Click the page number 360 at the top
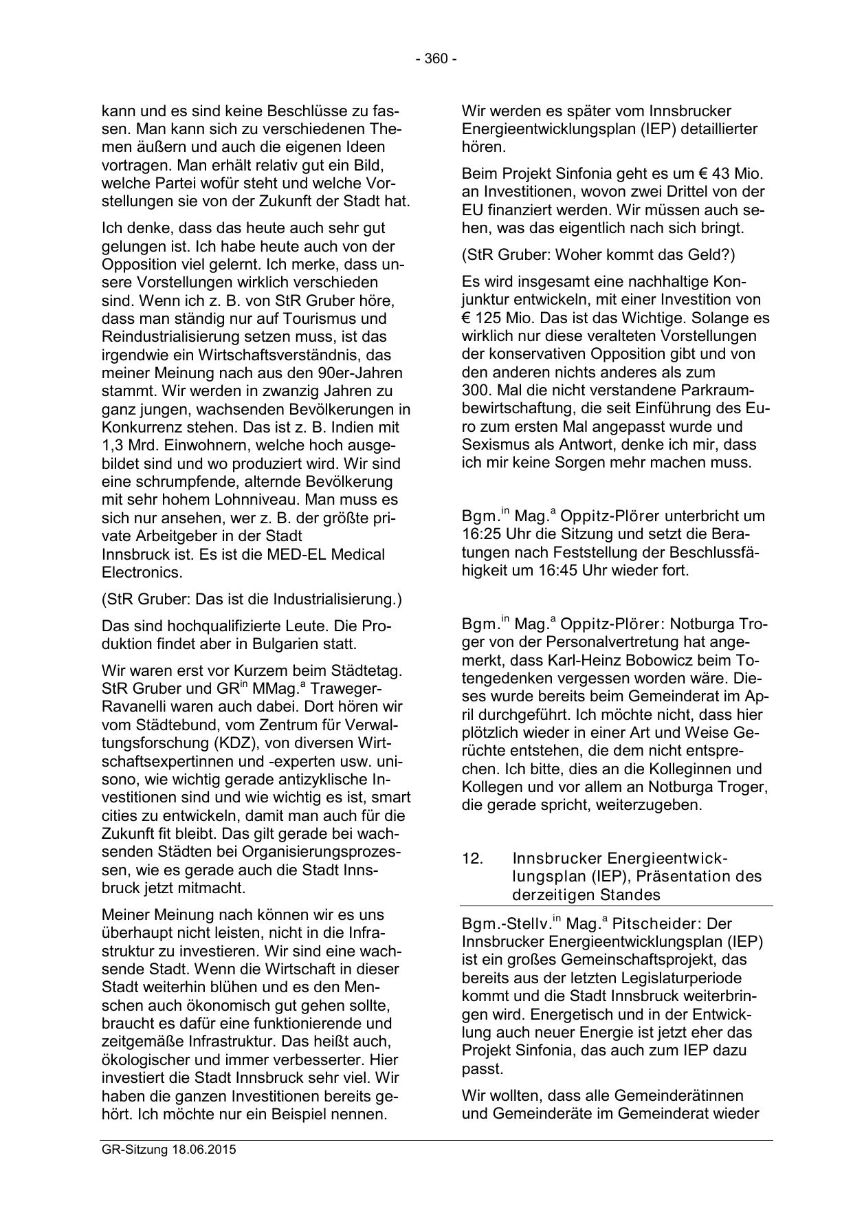tap(436, 59)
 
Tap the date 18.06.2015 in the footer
tap(204, 1149)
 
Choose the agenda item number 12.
tap(473, 858)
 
